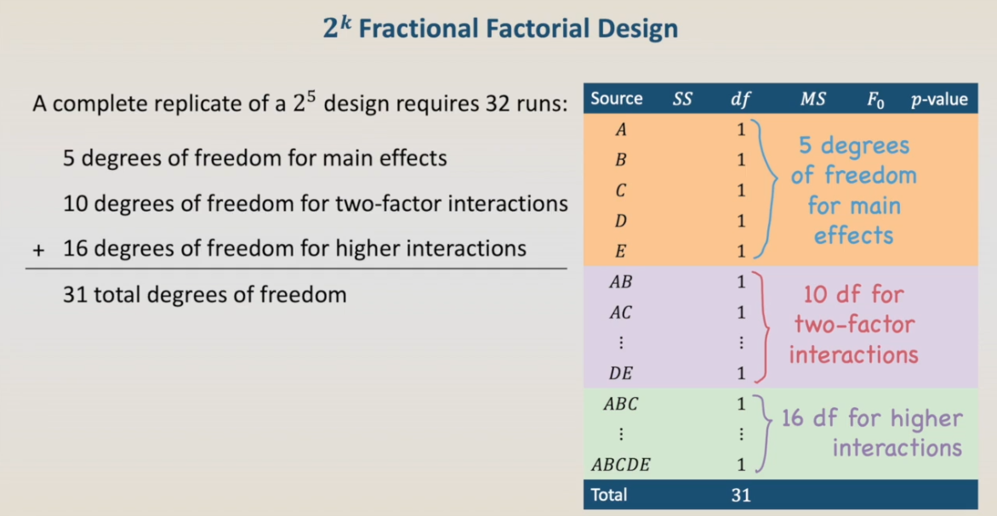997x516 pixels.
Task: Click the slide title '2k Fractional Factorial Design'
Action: coord(499,29)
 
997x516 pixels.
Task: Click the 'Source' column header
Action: coord(616,99)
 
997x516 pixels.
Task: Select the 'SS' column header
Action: coord(682,99)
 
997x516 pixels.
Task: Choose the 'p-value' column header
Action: coord(939,99)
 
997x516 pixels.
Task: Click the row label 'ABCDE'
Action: coord(621,465)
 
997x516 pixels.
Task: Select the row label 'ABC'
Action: coord(621,404)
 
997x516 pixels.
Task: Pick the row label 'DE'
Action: coord(621,374)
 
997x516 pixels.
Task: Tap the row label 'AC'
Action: coord(621,313)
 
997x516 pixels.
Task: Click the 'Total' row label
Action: coord(608,495)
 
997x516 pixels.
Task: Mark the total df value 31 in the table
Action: coord(740,495)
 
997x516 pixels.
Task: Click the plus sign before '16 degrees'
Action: coord(39,250)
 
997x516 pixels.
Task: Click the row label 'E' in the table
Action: coord(621,252)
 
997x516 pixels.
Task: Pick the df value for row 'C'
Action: coord(741,190)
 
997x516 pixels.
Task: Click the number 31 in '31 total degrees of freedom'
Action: coord(73,295)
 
